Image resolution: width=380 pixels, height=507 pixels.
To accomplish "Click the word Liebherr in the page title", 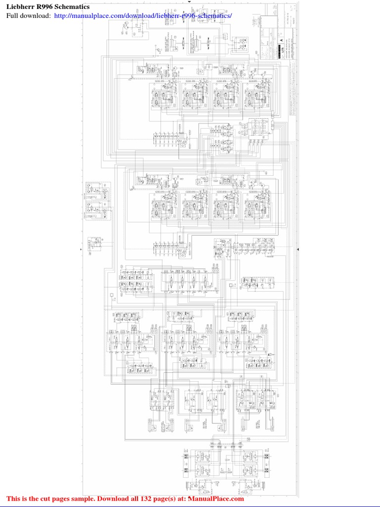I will (21, 7).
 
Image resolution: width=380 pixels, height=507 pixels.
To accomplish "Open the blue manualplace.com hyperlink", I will (142, 16).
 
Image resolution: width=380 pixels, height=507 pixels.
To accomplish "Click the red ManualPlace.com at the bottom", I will (215, 499).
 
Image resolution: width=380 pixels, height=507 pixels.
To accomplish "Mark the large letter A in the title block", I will (282, 41).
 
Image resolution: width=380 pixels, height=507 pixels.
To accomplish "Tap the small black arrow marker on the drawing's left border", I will (81, 251).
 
